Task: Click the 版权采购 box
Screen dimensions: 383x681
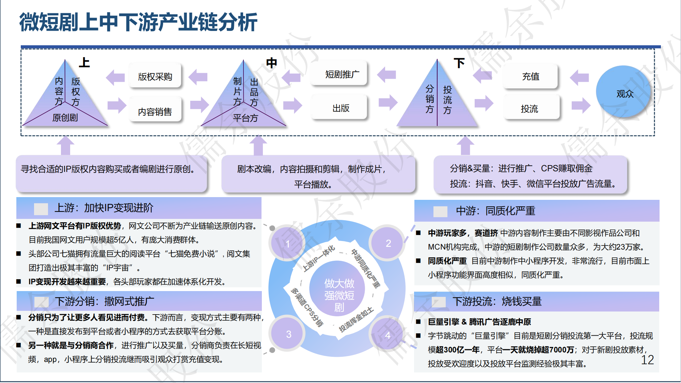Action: [155, 77]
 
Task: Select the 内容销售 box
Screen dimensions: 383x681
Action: [155, 111]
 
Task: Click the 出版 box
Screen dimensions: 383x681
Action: [340, 108]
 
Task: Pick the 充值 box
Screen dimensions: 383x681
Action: [530, 77]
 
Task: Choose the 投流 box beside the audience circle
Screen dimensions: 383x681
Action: [530, 109]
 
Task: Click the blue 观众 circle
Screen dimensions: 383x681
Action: [624, 93]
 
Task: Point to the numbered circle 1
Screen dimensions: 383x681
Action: [288, 244]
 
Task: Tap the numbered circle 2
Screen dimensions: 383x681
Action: [388, 243]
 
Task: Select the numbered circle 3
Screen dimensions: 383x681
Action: [288, 334]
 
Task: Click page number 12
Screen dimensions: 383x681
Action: [647, 360]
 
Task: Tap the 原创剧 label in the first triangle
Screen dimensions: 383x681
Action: [65, 118]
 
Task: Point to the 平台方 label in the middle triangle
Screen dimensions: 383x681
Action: [245, 118]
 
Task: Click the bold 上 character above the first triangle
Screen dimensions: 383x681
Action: [84, 62]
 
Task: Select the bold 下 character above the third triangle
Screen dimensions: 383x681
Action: [459, 63]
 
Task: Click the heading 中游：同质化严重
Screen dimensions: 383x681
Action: [495, 211]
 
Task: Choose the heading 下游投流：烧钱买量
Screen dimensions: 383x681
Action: [497, 302]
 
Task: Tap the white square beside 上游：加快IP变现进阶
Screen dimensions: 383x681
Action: [41, 208]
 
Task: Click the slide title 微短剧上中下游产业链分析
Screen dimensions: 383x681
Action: [138, 22]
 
